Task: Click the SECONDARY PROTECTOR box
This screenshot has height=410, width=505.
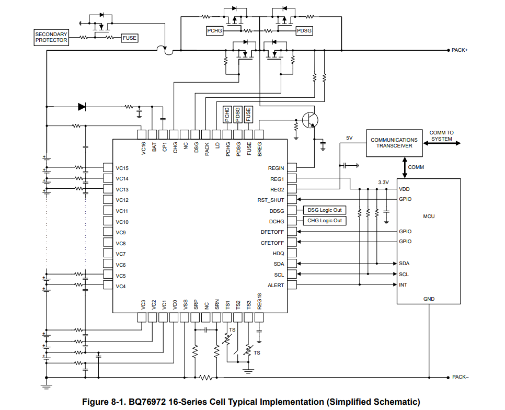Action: pos(51,37)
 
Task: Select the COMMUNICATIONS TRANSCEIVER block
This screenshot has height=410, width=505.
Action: pos(394,143)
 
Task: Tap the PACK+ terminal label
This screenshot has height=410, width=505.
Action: pos(460,50)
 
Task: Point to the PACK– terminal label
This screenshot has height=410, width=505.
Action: pos(460,377)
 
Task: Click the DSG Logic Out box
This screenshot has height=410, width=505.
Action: pos(325,210)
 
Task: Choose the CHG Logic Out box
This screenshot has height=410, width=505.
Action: pos(325,221)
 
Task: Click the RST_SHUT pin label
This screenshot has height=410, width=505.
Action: pos(271,200)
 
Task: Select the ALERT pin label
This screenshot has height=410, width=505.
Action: pos(276,286)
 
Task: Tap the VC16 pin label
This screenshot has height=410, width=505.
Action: pos(143,148)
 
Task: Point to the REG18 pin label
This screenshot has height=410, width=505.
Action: pos(259,301)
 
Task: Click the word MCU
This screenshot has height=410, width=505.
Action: pos(429,217)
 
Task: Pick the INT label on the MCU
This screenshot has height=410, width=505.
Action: pos(403,285)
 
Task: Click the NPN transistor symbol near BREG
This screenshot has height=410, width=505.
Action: pos(310,120)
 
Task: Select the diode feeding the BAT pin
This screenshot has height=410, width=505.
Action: pos(82,107)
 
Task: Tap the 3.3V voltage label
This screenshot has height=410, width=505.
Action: pos(383,183)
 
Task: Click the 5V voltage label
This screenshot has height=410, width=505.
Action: pos(349,138)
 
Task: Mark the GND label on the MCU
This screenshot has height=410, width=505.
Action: pos(429,299)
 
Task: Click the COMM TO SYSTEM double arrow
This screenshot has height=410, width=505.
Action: pos(442,143)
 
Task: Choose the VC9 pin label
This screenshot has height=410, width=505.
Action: pos(120,233)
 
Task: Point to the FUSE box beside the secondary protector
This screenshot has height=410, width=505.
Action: pos(130,38)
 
